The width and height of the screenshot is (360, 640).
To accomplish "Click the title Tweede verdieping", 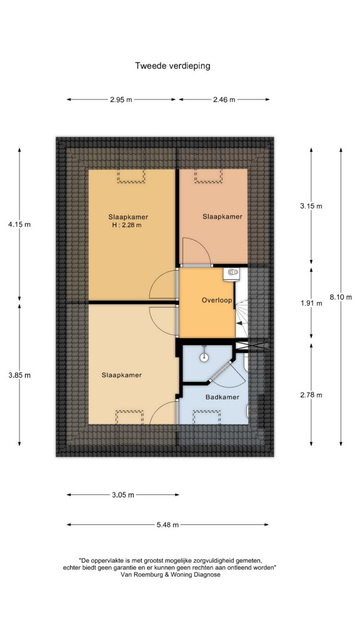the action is click(172, 66).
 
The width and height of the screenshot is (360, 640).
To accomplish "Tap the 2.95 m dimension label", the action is click(121, 99).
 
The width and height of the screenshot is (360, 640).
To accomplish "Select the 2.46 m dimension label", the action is click(224, 99).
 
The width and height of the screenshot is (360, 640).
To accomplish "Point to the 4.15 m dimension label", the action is click(19, 224).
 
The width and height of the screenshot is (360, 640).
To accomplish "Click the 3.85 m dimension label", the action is click(19, 376).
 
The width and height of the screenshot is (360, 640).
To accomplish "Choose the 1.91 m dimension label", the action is click(311, 303).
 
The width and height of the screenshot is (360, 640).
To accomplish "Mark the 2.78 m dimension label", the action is click(311, 395).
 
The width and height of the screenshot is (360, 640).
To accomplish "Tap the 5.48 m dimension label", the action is click(167, 525).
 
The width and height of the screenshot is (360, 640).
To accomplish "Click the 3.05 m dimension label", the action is click(123, 495).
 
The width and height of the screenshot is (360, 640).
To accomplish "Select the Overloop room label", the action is click(217, 301).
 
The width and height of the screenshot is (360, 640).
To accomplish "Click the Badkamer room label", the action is click(222, 397).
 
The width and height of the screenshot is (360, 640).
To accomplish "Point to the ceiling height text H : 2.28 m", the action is click(129, 225).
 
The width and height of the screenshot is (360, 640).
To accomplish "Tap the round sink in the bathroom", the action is click(204, 357).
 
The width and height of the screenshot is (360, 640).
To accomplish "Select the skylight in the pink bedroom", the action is click(209, 176).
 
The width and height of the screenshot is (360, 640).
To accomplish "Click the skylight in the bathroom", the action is click(207, 417).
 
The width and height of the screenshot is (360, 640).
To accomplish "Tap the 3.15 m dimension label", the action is click(311, 206).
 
